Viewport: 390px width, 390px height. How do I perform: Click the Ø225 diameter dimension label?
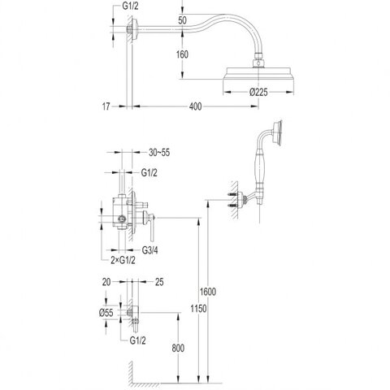coord(258,93)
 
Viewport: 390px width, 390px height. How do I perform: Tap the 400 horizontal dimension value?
coord(195,106)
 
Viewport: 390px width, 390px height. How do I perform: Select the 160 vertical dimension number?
coord(182,54)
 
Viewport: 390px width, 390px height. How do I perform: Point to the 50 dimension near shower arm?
coord(183,20)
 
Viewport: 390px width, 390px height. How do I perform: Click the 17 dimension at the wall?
coord(106,106)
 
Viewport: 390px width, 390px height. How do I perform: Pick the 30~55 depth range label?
coord(159,153)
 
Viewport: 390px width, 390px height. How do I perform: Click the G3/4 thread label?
coord(149,250)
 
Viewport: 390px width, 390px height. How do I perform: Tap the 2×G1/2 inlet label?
coord(123,260)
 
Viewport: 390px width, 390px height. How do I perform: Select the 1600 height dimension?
coord(208,292)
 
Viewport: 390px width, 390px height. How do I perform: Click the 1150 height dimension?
coord(198,309)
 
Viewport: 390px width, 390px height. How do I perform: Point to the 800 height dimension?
coord(178,348)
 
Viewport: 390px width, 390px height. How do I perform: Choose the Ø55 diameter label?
coord(106,313)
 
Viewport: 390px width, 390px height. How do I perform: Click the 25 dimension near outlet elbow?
coord(159,282)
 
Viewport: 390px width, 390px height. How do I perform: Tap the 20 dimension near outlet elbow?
coord(106,282)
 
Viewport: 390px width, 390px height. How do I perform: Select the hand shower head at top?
coord(278,132)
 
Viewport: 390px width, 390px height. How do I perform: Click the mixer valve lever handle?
coord(149,225)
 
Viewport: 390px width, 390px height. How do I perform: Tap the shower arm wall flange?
coord(135,29)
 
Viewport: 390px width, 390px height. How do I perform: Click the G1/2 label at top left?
coord(130,6)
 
